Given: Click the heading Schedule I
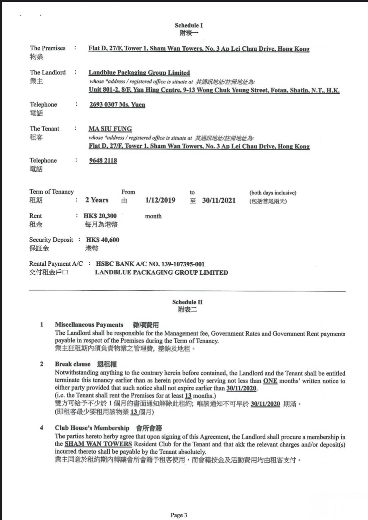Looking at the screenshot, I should [x=189, y=25].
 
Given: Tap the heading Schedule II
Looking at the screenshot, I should [x=187, y=302].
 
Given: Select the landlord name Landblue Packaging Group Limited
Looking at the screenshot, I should [x=139, y=73].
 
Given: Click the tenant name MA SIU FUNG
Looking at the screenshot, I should [x=110, y=129].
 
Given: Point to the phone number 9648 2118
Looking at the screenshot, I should [x=103, y=161].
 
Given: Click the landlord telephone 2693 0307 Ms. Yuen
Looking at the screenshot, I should [x=117, y=104].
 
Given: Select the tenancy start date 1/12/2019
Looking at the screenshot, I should [x=160, y=200].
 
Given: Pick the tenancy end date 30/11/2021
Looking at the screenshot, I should [x=219, y=200].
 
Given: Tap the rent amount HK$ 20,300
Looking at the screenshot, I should [x=100, y=216].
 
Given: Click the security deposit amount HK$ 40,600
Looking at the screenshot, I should [x=102, y=240].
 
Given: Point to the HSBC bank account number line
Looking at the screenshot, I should [x=150, y=264].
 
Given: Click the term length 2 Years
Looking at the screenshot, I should [x=97, y=200].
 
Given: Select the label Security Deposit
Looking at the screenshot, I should [x=51, y=240].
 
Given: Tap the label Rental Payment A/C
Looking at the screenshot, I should [x=56, y=264].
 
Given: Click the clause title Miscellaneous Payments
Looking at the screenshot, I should [x=89, y=325].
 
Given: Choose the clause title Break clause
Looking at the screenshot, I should [x=73, y=364].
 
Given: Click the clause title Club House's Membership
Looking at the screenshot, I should [x=92, y=428].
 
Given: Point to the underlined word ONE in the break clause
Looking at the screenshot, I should [x=270, y=381].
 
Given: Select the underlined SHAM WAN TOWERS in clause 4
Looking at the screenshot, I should [x=98, y=444].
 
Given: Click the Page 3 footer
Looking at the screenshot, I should [x=179, y=515].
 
